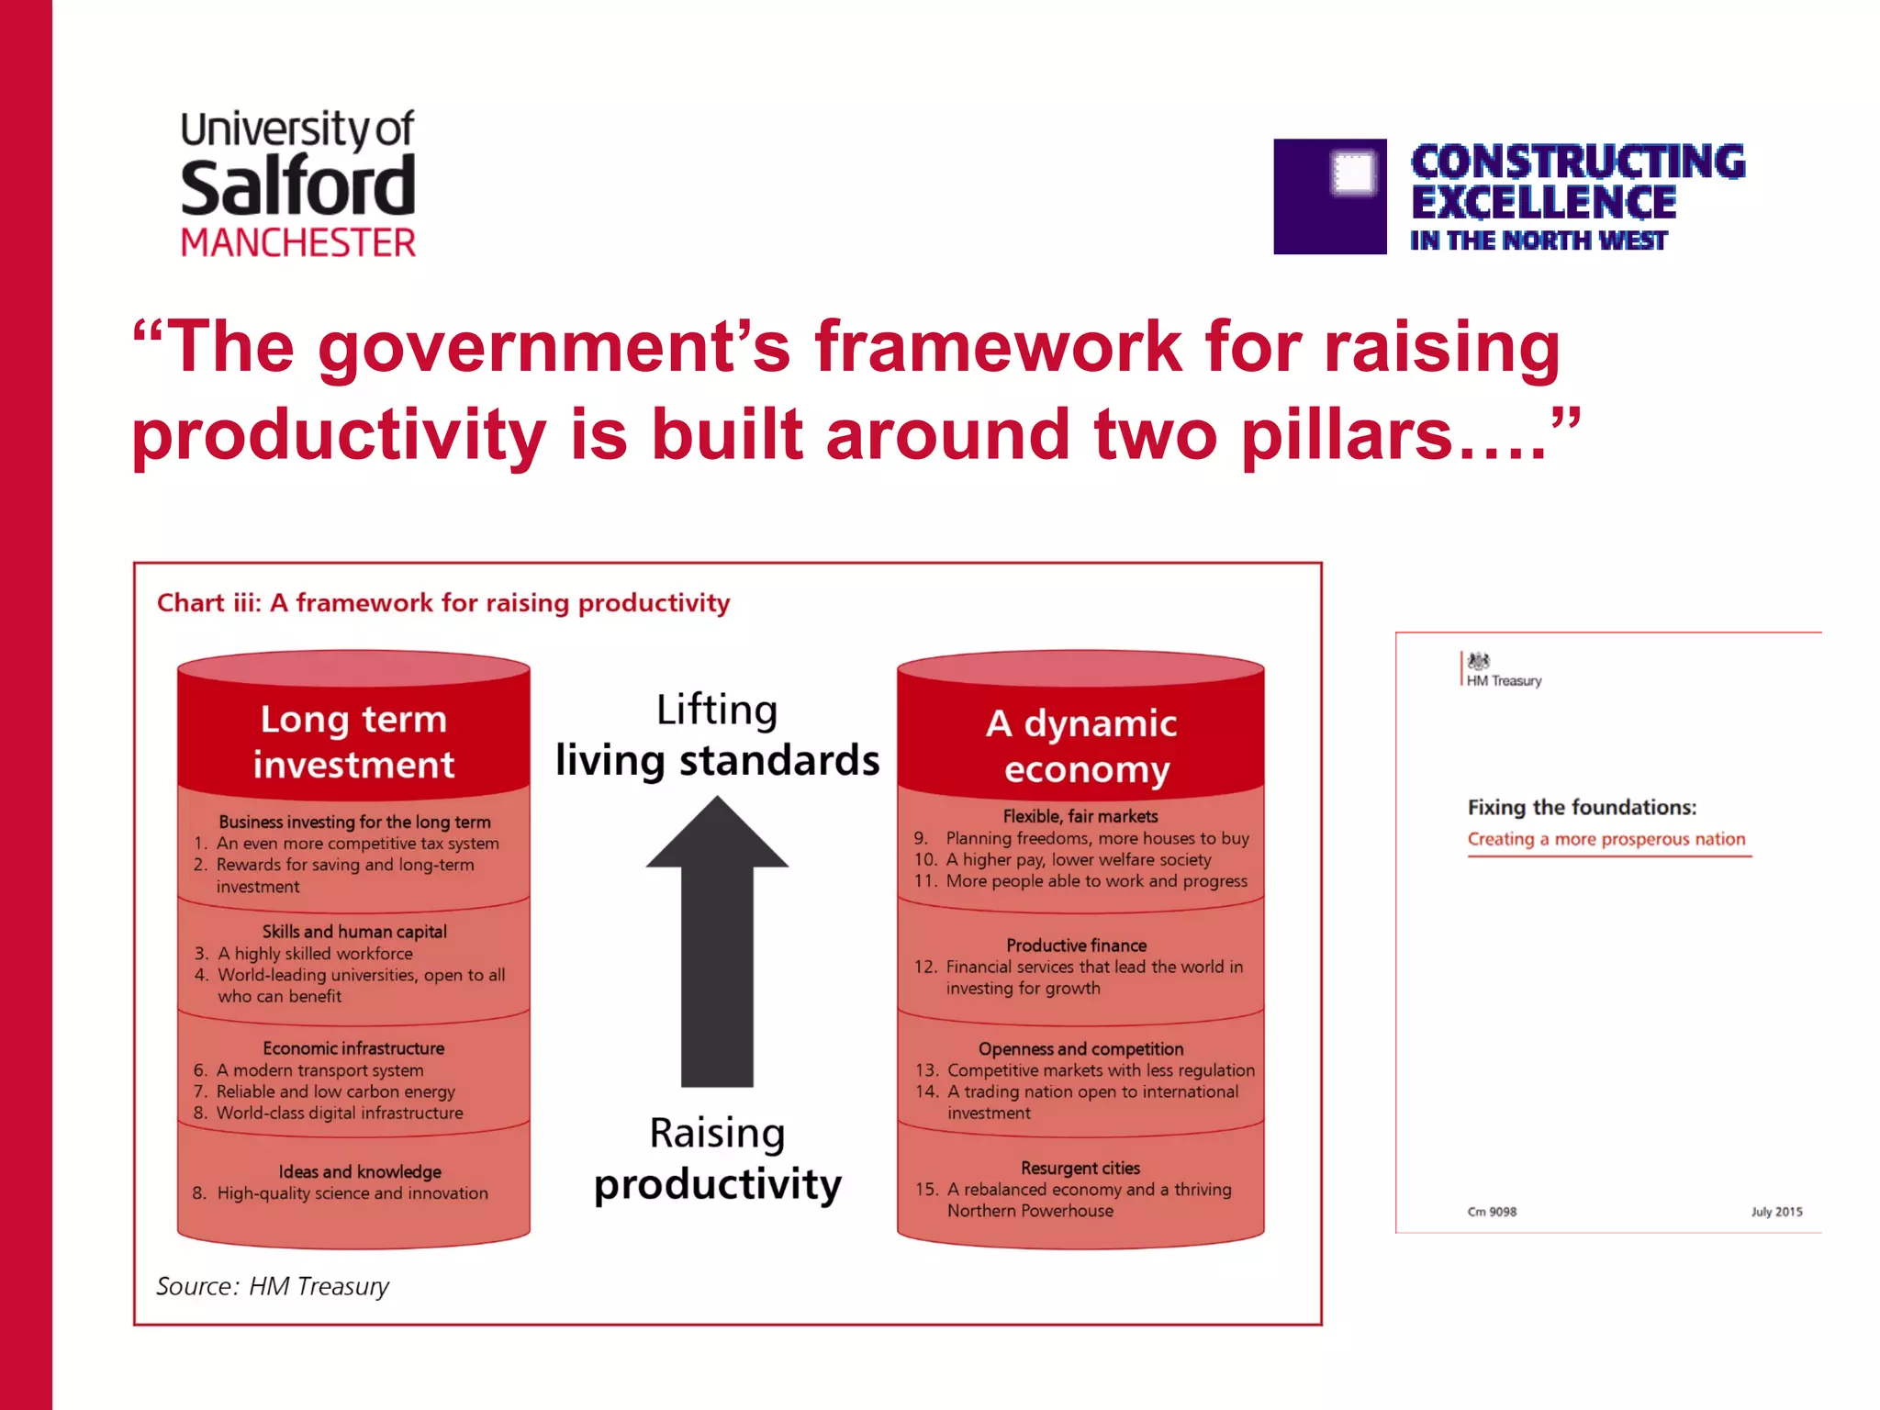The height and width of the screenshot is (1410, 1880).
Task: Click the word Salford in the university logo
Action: click(x=297, y=186)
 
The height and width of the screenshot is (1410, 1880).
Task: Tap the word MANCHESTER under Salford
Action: click(x=298, y=243)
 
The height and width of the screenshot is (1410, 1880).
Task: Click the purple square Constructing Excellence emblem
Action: click(x=1329, y=196)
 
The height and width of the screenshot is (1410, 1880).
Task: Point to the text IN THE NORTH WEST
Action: click(x=1539, y=241)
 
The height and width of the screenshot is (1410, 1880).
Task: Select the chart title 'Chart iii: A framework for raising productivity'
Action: click(x=443, y=603)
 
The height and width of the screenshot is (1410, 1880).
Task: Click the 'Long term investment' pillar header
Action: click(x=353, y=742)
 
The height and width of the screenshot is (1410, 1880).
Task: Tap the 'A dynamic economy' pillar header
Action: click(x=1081, y=745)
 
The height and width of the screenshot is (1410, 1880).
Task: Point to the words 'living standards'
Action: click(x=717, y=761)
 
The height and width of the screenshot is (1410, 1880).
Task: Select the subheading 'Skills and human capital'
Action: click(x=354, y=932)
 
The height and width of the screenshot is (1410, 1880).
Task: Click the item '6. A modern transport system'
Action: click(x=309, y=1070)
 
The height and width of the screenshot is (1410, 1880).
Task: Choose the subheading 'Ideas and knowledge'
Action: click(x=360, y=1172)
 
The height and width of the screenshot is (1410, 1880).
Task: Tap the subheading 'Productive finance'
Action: click(x=1076, y=946)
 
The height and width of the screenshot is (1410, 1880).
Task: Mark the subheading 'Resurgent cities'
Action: click(x=1080, y=1169)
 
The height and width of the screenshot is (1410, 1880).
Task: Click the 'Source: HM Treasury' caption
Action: click(x=273, y=1286)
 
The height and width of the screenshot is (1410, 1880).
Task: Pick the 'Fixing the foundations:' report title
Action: click(x=1582, y=808)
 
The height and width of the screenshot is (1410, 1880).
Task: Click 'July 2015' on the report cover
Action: click(x=1776, y=1212)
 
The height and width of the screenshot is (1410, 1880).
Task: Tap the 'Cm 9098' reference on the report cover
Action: click(x=1492, y=1212)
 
